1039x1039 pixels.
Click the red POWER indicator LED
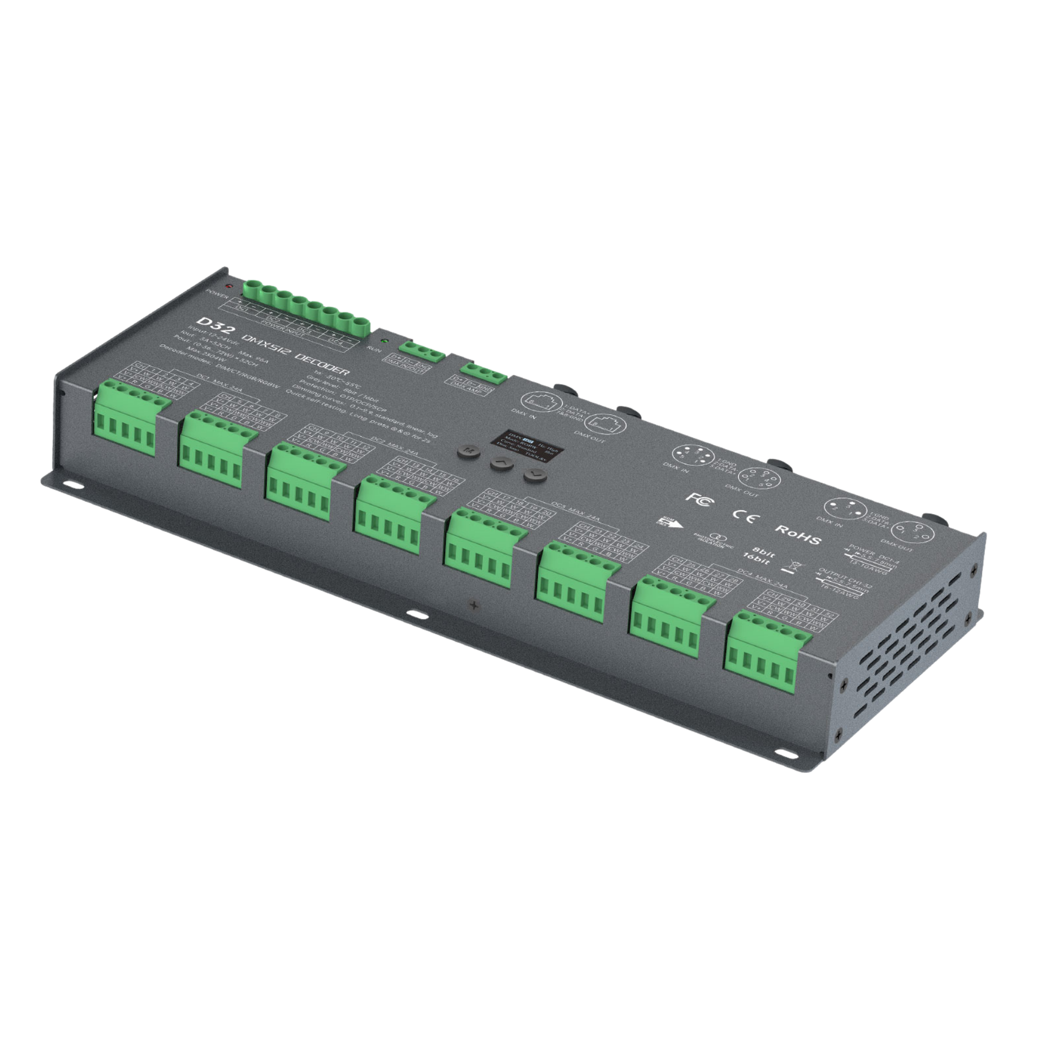[229, 285]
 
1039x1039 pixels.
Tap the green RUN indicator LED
[384, 341]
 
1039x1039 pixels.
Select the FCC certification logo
[698, 498]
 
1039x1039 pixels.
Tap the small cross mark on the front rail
[475, 604]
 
